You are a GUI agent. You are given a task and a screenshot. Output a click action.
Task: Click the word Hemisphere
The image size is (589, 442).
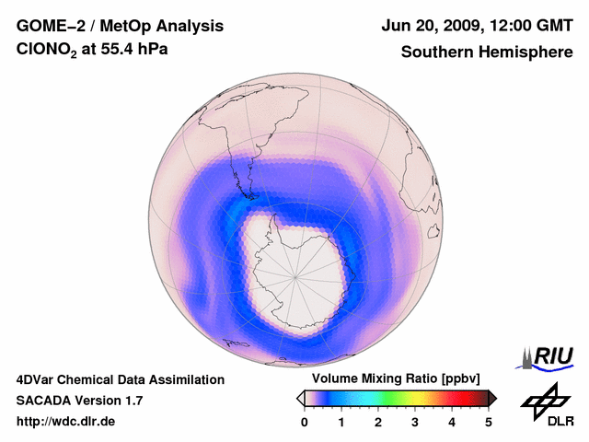point(525,52)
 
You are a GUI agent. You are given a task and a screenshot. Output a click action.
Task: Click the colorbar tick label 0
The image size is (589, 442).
point(305,422)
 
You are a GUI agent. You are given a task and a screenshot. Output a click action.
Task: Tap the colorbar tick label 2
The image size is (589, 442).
point(378,422)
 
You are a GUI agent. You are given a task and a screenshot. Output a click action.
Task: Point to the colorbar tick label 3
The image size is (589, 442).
point(415,422)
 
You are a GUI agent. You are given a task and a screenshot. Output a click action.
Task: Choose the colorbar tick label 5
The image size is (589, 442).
point(489,422)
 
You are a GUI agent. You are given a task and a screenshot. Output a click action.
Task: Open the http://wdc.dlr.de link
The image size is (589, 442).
point(66,422)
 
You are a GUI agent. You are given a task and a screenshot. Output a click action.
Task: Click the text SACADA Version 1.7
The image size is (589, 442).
point(79,401)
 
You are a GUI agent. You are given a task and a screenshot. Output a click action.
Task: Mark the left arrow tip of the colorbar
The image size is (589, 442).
point(299,398)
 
